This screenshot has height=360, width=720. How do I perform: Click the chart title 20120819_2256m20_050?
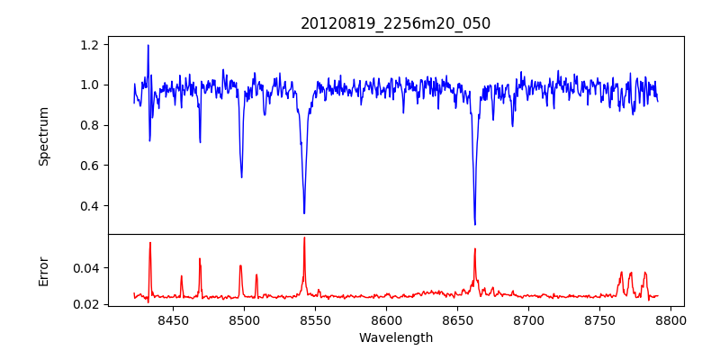tap(395, 23)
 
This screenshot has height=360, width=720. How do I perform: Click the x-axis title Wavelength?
tap(395, 337)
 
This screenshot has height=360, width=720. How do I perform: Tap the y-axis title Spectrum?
tap(43, 136)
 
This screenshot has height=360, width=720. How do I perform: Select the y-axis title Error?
tap(43, 271)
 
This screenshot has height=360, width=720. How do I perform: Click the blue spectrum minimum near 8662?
tap(474, 224)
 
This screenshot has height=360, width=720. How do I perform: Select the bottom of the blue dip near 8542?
tap(304, 213)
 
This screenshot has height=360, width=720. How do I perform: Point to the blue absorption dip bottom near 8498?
tap(241, 177)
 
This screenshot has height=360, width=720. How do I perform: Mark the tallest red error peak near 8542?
tap(304, 238)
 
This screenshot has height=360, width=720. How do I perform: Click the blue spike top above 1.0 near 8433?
tap(148, 45)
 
